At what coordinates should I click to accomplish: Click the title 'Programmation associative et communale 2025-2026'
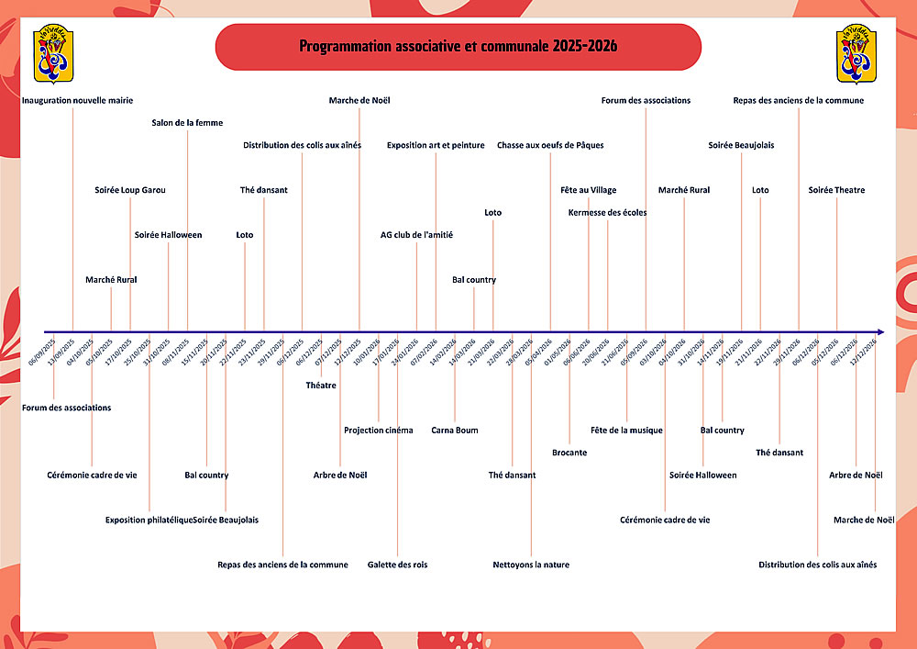point(458,47)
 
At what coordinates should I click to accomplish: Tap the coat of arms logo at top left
point(52,55)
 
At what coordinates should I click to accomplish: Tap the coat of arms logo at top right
point(858,55)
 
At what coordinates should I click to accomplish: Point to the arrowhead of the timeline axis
point(879,331)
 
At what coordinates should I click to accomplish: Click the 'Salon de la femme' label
point(187,122)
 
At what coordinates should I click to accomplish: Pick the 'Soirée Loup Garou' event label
point(130,190)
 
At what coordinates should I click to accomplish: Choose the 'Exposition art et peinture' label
point(436,145)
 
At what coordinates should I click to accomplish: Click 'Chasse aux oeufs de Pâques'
point(550,145)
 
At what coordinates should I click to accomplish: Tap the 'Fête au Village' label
point(589,190)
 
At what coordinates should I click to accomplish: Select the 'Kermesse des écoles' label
point(607,213)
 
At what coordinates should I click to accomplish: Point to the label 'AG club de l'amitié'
point(416,235)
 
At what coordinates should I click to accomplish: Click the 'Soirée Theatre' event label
point(836,190)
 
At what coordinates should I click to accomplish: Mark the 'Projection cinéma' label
point(379,431)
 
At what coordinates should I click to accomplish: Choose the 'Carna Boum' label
point(455,431)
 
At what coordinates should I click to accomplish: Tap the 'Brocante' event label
point(569,453)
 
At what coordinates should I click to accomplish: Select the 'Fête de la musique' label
point(626,431)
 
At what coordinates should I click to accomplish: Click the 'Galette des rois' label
point(397,565)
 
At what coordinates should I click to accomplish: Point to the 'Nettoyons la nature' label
point(531,565)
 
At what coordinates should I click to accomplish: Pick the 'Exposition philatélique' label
point(149,520)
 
